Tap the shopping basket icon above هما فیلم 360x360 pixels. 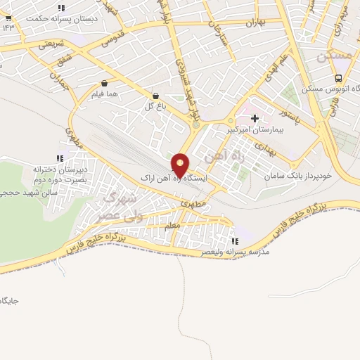(104, 82)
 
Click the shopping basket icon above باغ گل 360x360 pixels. (155, 96)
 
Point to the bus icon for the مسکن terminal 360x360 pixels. (339, 78)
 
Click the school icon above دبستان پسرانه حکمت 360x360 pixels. (61, 8)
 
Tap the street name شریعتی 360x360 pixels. (50, 44)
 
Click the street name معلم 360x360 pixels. (172, 225)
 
